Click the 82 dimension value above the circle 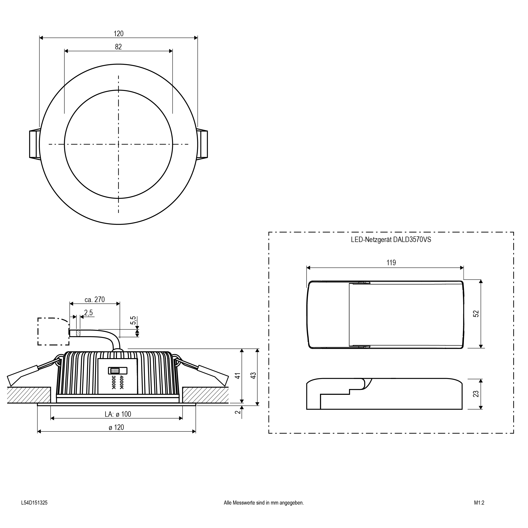click(x=118, y=47)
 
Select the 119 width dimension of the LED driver click(x=391, y=263)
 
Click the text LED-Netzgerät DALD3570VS click(x=391, y=240)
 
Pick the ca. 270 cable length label click(x=95, y=300)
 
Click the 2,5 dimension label click(x=88, y=312)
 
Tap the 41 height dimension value click(x=238, y=376)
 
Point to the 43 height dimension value click(x=254, y=376)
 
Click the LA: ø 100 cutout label click(x=118, y=414)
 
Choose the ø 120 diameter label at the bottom click(x=116, y=427)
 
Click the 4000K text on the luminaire click(x=122, y=382)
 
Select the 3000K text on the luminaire click(x=114, y=382)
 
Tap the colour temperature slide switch click(x=118, y=371)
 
